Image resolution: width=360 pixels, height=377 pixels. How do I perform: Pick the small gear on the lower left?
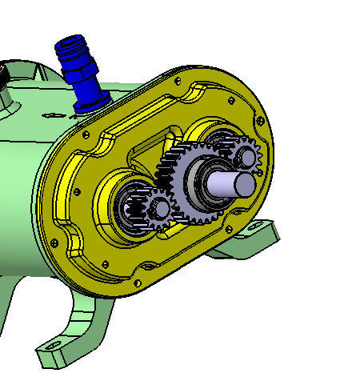pyautogui.click(x=154, y=211)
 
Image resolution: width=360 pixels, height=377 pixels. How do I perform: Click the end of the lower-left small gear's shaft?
pyautogui.click(x=161, y=209)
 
